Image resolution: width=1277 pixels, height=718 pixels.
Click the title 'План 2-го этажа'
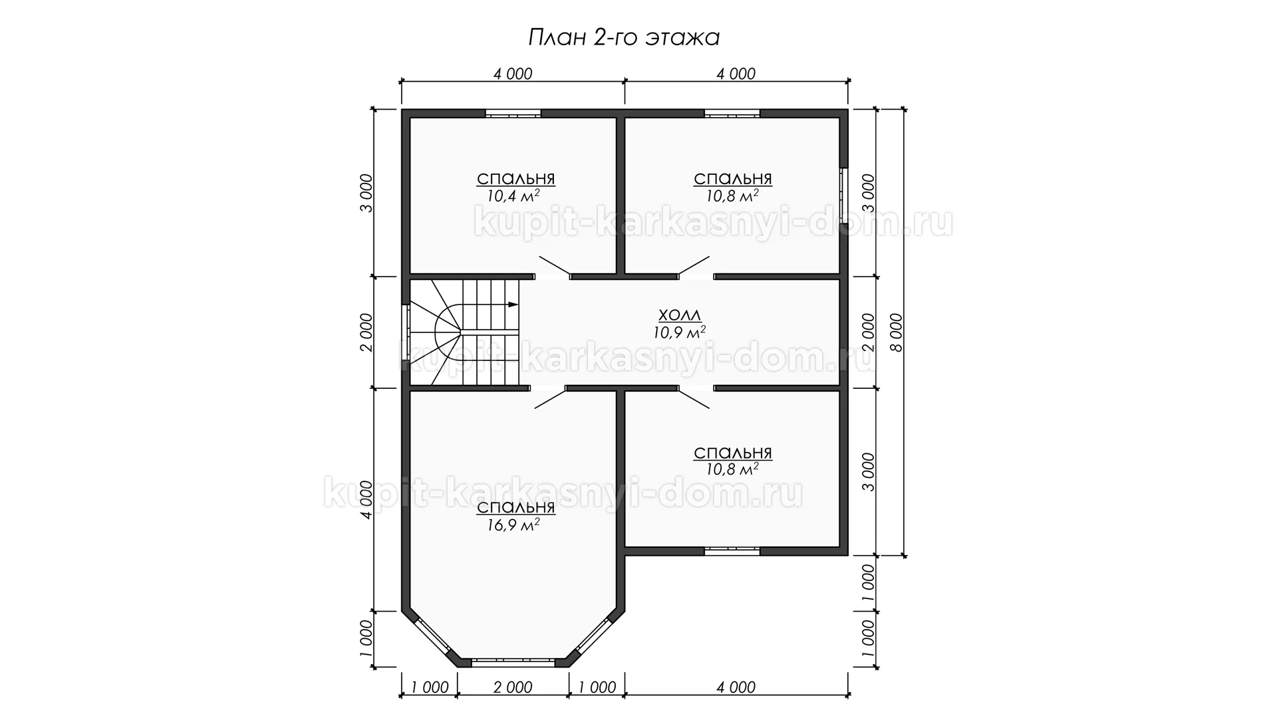coord(623,38)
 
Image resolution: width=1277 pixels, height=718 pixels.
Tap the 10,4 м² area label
coord(513,196)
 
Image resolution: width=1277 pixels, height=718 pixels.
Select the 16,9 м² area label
coord(513,525)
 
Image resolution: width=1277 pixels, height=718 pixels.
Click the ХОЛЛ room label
coord(679,315)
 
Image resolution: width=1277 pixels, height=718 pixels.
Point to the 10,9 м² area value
coord(679,331)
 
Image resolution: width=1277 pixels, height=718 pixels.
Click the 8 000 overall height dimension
coord(896,332)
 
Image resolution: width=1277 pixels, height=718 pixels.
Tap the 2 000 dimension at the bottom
coord(513,687)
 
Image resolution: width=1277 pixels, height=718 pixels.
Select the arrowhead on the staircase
coord(513,304)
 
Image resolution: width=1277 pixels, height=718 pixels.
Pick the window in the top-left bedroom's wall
coord(513,113)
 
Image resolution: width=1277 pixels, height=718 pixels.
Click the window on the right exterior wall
coord(843,194)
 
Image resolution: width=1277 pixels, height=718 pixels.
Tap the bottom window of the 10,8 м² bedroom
coord(732,550)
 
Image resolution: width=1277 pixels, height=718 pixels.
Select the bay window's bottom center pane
coord(513,661)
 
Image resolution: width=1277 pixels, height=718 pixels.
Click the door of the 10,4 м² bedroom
coord(554,266)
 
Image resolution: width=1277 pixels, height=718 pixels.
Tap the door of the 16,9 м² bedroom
coord(550,397)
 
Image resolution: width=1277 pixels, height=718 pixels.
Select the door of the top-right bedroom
coord(694,266)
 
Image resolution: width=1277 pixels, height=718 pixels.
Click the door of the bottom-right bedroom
coord(694,397)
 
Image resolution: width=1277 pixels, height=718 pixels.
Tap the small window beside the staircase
coord(406,332)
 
